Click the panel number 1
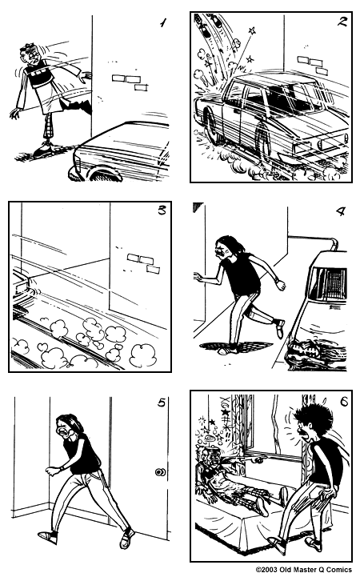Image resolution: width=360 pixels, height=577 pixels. coord(162,22)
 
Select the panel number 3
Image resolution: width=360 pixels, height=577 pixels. coord(162,212)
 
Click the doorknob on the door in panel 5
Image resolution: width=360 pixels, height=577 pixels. coord(161,473)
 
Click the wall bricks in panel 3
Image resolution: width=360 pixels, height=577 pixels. coord(142,262)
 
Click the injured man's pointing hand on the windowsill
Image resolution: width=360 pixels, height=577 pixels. coord(255,461)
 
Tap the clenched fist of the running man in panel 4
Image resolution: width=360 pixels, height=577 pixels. coord(280,284)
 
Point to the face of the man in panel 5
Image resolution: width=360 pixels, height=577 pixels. coord(64,432)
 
